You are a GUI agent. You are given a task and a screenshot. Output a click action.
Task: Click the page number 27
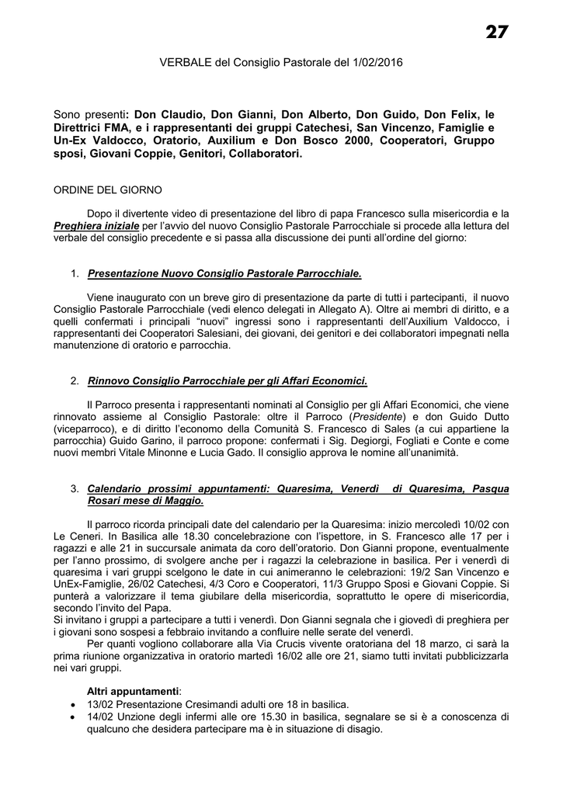pos(497,32)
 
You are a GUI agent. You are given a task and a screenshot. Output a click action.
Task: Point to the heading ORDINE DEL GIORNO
pos(108,189)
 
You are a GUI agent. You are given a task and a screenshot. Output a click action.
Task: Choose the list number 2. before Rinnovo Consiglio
pos(75,381)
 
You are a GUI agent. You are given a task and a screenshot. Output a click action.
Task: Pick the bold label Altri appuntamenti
pos(133,691)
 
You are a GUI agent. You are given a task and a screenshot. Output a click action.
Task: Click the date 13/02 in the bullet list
pos(100,703)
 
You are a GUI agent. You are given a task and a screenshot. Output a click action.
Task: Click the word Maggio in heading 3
pos(186,501)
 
